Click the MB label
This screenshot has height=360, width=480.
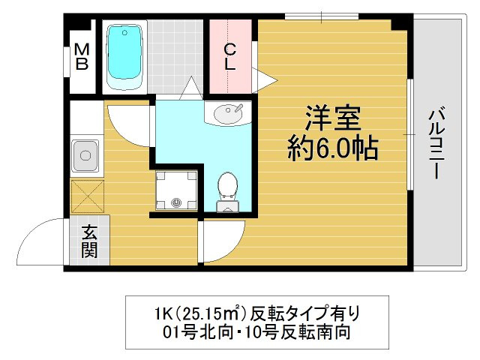[x=82, y=56]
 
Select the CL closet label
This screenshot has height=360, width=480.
[x=231, y=56]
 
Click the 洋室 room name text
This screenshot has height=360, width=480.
[x=333, y=118]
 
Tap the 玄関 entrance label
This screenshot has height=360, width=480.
[x=89, y=241]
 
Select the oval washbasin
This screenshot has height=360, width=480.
[x=226, y=114]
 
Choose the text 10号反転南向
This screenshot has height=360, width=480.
[x=292, y=331]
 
